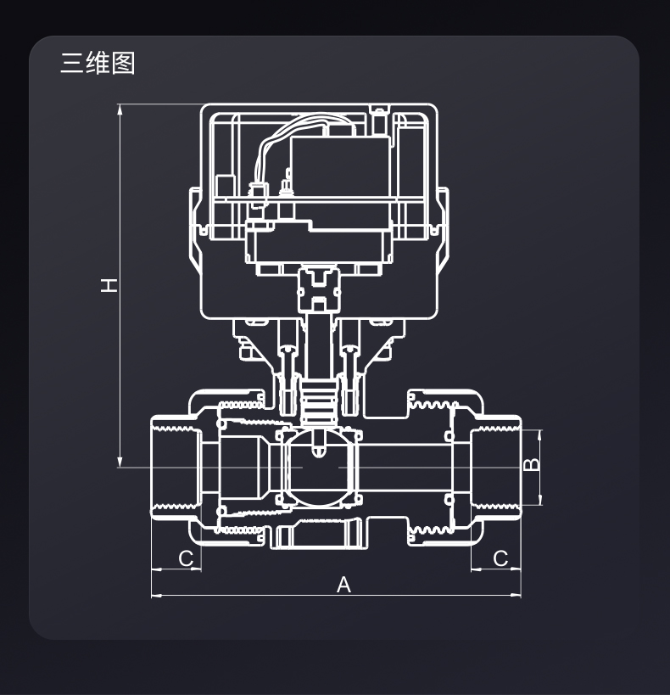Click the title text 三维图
[x=98, y=63]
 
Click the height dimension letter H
[x=109, y=285]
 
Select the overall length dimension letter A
[x=343, y=584]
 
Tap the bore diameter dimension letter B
[x=530, y=465]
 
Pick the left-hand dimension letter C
[x=187, y=558]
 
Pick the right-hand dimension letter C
[x=500, y=558]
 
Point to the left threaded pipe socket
[x=176, y=467]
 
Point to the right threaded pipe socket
[x=495, y=467]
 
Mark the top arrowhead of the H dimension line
[x=120, y=108]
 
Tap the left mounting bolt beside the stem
[x=285, y=365]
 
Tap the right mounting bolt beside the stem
[x=348, y=365]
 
